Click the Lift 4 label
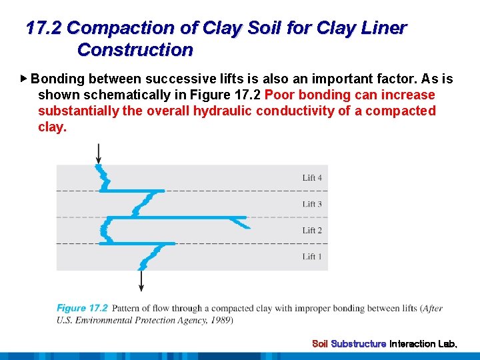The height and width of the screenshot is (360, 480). tap(312, 178)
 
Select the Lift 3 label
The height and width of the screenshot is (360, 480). tap(312, 204)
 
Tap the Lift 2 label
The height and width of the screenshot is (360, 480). tap(312, 231)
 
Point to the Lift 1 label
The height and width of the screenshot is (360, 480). tap(312, 257)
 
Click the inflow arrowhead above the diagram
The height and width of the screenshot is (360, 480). tap(99, 159)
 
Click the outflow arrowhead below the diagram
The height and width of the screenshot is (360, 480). tap(141, 287)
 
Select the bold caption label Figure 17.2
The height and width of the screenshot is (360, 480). tap(82, 308)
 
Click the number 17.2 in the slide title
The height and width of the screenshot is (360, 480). tap(44, 28)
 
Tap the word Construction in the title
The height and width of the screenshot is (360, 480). tap(135, 50)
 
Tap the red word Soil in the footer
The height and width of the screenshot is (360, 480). tap(320, 344)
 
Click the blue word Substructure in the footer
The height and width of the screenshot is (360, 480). tap(359, 344)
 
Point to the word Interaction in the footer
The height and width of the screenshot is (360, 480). tap(412, 344)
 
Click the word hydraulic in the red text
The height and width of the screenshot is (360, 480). tap(223, 111)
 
